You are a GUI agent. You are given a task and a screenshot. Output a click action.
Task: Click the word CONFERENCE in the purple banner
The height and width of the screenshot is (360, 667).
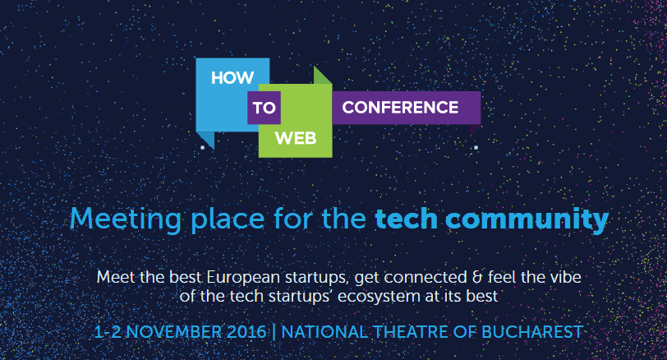[400, 108]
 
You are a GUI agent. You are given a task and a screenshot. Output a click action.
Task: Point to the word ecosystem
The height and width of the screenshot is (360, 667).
[377, 294]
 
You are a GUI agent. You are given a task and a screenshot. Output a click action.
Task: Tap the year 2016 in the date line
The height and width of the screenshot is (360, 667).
[244, 332]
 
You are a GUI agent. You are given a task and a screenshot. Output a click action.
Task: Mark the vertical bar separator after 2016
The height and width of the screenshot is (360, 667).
[274, 332]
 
